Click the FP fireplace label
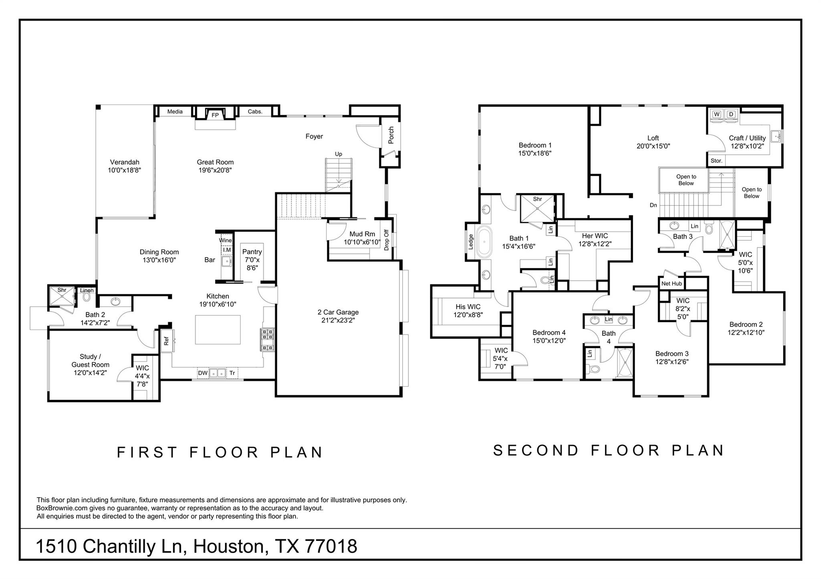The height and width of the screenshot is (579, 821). pos(215,115)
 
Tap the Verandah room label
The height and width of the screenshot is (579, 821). pos(125,162)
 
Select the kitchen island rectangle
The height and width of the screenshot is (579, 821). pos(218,330)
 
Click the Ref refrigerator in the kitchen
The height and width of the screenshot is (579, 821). pos(167,341)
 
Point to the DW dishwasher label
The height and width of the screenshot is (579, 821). pos(203,373)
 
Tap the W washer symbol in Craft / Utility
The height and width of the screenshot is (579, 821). pos(717,115)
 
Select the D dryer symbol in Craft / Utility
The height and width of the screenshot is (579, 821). pos(731,115)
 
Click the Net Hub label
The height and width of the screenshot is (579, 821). pos(671,283)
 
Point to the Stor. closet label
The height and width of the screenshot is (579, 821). pos(716,161)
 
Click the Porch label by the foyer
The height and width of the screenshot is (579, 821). pos(391,135)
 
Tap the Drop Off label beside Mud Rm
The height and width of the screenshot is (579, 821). pos(386,240)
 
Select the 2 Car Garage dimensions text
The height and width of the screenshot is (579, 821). pos(338,320)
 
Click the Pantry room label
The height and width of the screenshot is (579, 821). pos(252,251)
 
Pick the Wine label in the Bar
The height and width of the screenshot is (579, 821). pos(225,240)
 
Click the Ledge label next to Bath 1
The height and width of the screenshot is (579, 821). pos(471,242)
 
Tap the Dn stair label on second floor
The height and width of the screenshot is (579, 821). pos(653,205)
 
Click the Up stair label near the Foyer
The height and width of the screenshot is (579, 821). pos(339,154)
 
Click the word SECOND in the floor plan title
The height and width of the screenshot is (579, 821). pos(536,450)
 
